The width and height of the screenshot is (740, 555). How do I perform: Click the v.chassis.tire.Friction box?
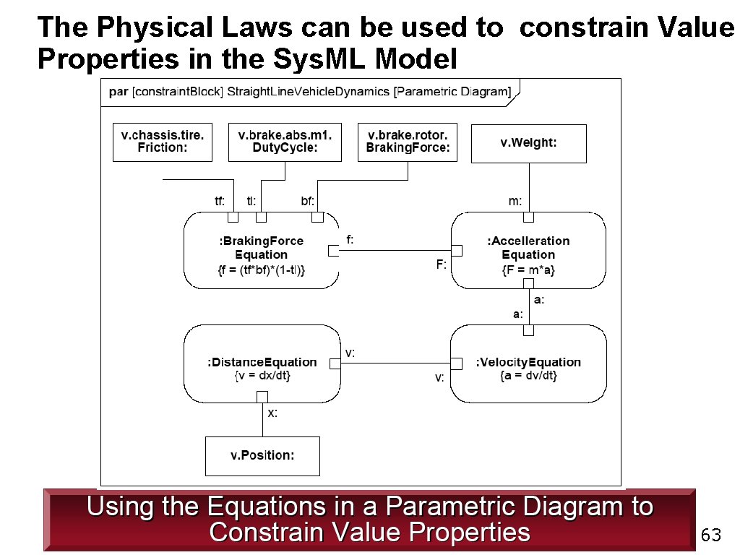click(x=163, y=142)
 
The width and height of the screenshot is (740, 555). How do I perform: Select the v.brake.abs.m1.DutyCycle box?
click(x=285, y=142)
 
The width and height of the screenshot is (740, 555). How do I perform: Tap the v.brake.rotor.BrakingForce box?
click(x=408, y=142)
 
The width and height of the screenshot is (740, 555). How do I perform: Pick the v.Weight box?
click(x=528, y=143)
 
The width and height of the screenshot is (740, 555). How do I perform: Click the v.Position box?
click(x=262, y=456)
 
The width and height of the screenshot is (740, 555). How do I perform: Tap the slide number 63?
click(x=711, y=535)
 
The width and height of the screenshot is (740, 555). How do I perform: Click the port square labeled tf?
click(x=233, y=217)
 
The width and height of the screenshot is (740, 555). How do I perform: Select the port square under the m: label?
click(x=528, y=217)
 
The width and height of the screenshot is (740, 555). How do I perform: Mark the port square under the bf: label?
click(x=317, y=217)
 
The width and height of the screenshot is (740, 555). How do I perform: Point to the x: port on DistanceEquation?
click(x=262, y=396)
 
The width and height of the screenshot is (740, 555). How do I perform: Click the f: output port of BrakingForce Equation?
click(x=334, y=250)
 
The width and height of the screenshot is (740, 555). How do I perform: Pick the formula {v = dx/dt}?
click(x=262, y=376)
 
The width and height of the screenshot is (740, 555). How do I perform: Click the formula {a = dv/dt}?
click(x=528, y=376)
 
